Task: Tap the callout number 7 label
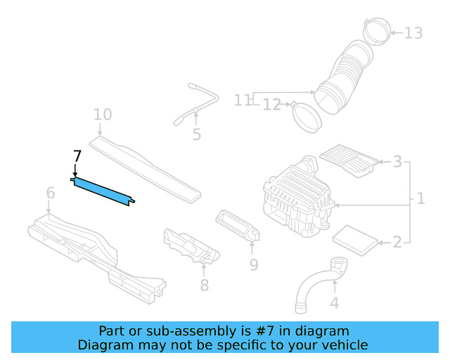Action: pos(77,157)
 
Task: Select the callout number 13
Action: pos(414,33)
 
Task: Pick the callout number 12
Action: pos(272,105)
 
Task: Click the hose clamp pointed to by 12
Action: pos(307,116)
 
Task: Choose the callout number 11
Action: pos(243,101)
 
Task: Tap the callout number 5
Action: pos(196,134)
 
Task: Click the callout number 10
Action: pos(102,115)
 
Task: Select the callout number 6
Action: pos(51,193)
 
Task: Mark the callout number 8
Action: pos(204,285)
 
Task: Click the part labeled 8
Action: pos(191,246)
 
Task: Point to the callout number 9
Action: pos(254,264)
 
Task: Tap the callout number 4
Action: pos(335,303)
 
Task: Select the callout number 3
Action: pos(397,162)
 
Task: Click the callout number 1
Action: pos(420,198)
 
